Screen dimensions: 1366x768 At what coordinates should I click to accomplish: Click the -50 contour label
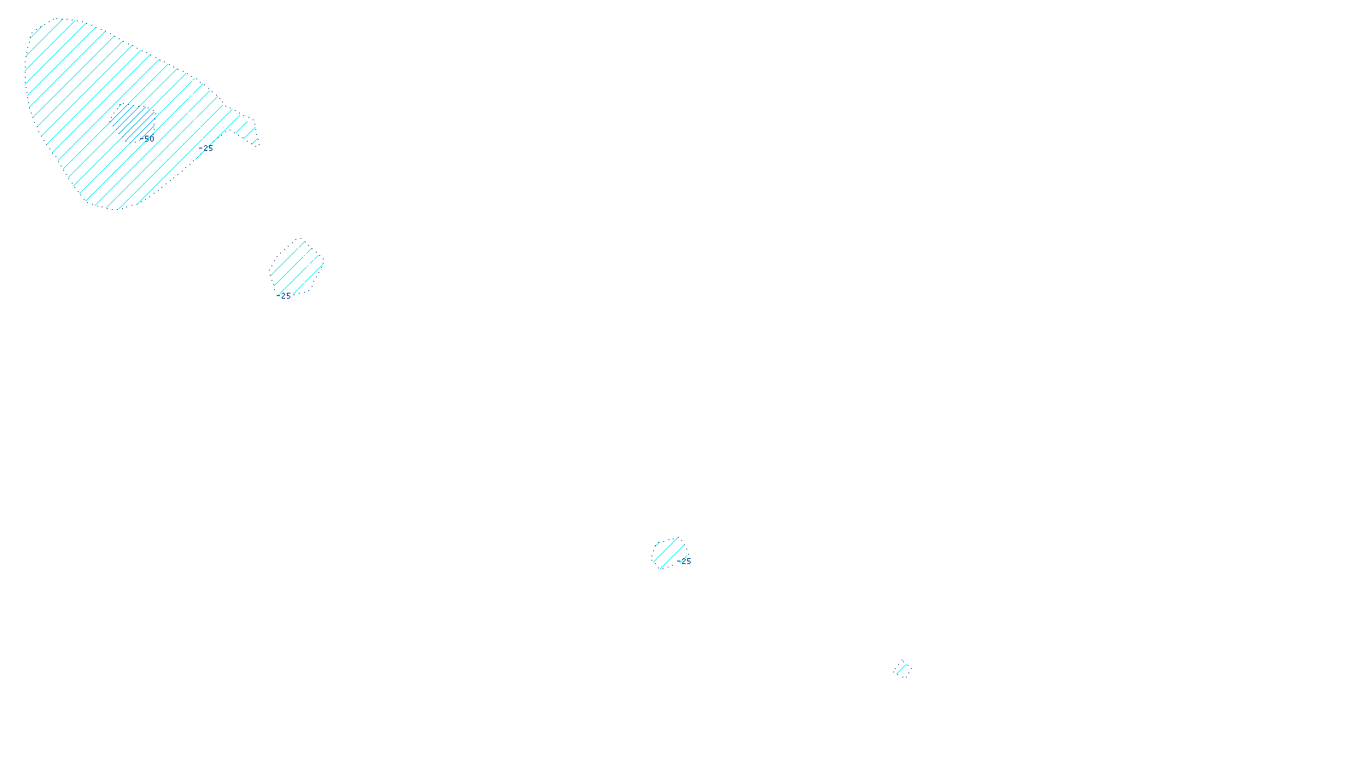point(148,138)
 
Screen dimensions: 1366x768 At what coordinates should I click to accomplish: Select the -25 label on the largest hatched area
point(207,148)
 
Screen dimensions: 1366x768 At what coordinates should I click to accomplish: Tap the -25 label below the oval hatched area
point(285,296)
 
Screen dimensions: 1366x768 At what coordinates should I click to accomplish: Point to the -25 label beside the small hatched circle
point(686,561)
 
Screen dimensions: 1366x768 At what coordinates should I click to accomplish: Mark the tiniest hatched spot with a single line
point(903,670)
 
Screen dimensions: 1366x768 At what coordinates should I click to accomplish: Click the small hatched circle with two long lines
point(668,553)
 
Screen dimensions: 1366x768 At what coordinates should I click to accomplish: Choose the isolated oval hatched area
point(296,266)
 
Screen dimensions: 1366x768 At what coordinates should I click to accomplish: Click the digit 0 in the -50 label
point(151,138)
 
